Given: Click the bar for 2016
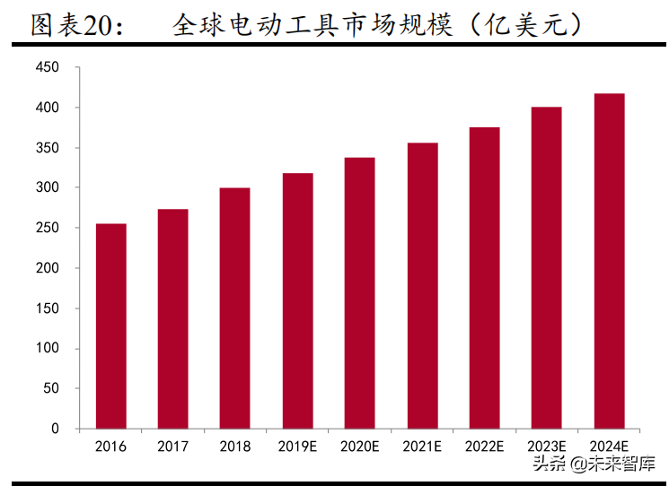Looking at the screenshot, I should click(x=110, y=326).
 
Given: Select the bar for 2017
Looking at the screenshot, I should click(x=172, y=319).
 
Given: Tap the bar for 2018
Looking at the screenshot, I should click(x=234, y=308).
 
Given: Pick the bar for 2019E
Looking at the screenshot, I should click(x=297, y=300).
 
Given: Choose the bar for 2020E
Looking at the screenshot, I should click(x=359, y=293).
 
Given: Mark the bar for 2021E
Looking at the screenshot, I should click(x=422, y=285).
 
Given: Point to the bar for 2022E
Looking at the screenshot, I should click(x=484, y=278).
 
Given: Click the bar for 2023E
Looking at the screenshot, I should click(x=546, y=267).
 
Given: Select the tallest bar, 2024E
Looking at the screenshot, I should click(x=609, y=261).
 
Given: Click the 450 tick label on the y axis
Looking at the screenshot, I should click(x=48, y=67).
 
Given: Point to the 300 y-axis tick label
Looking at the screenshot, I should click(x=48, y=187).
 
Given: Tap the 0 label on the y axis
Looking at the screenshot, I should click(x=56, y=429).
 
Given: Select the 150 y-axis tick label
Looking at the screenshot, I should click(x=48, y=308).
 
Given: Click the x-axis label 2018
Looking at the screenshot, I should click(x=234, y=446).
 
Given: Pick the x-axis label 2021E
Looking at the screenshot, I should click(x=422, y=446).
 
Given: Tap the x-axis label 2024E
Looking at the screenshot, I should click(x=609, y=446).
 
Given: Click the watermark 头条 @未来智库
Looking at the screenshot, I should click(x=594, y=464).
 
